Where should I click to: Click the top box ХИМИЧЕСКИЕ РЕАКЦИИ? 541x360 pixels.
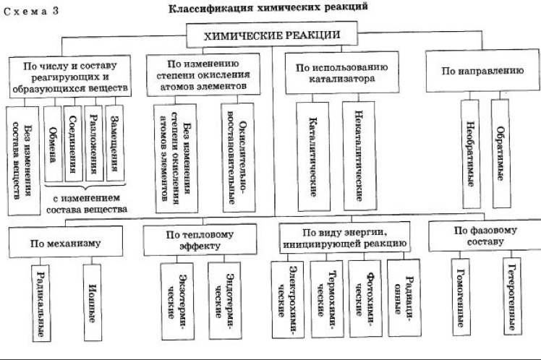(x=272, y=35)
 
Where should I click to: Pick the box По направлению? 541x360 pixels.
(x=482, y=72)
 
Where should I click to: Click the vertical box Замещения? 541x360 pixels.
(x=114, y=145)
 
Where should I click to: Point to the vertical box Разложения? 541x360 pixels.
(x=93, y=145)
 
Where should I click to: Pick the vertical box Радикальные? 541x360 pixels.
(x=43, y=302)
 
